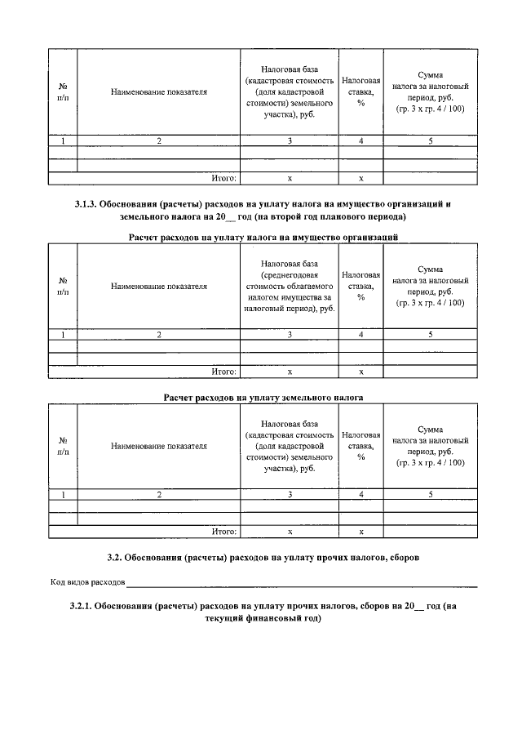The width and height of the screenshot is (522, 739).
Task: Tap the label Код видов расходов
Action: pyautogui.click(x=87, y=583)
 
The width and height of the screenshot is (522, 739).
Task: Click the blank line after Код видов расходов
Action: pyautogui.click(x=302, y=585)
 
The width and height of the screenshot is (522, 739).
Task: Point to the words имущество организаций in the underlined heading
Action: pyautogui.click(x=353, y=238)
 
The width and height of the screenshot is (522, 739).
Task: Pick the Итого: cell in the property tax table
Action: pyautogui.click(x=223, y=372)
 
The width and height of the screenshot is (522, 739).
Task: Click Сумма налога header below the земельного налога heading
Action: pyautogui.click(x=430, y=446)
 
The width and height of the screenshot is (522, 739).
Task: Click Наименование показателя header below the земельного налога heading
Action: pyautogui.click(x=159, y=447)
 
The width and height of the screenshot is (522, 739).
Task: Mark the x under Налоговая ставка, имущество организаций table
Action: pyautogui.click(x=361, y=372)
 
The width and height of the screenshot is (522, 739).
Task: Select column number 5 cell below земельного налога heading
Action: pyautogui.click(x=430, y=495)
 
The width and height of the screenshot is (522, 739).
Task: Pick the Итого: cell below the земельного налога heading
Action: pyautogui.click(x=223, y=532)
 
